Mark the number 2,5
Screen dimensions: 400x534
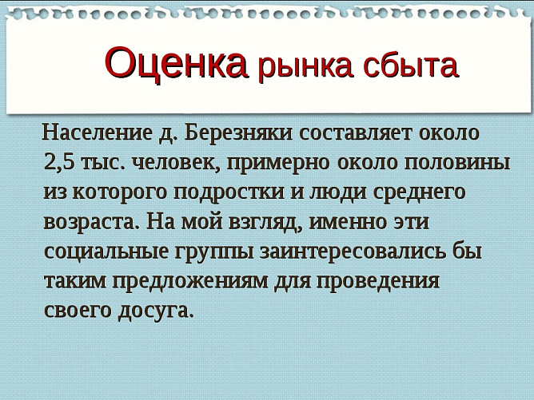click(x=60, y=162)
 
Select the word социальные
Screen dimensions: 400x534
click(x=106, y=251)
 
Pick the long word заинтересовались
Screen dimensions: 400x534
click(x=354, y=251)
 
